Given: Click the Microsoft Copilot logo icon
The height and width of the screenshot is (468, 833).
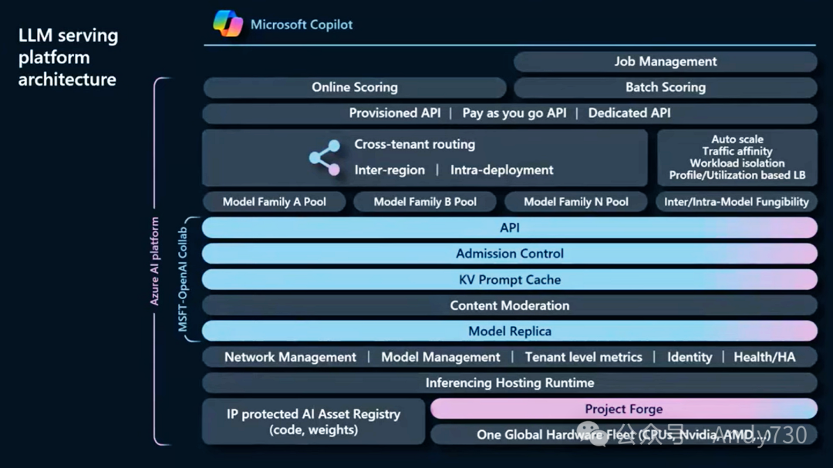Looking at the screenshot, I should [x=228, y=24].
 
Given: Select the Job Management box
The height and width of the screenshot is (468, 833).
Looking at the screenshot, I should [x=665, y=62].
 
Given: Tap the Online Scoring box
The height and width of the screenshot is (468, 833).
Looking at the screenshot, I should [x=354, y=87].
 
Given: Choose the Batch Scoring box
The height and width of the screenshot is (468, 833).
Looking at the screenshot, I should [x=665, y=87].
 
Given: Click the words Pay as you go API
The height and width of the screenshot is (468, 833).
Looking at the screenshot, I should [x=514, y=113].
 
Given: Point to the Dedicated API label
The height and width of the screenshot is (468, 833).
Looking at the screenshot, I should [x=629, y=113].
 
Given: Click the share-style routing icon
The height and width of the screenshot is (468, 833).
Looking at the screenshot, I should [x=325, y=157].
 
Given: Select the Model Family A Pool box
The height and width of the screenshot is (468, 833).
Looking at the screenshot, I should [x=274, y=202].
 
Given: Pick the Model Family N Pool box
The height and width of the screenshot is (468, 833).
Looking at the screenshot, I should [x=575, y=202].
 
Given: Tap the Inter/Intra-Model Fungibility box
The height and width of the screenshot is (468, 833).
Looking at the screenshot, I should [x=737, y=202].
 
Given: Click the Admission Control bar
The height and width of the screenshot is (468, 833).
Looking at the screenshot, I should [x=509, y=254].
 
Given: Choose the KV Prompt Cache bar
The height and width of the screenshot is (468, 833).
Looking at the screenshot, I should [x=509, y=280].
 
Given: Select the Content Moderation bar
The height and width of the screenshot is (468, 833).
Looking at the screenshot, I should [x=509, y=305].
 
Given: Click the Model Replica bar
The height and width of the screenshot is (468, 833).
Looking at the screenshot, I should [x=509, y=332].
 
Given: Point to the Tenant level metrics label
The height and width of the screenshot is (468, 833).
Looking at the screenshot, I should [x=583, y=357].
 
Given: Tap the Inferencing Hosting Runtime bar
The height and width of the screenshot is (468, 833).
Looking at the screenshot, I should [x=509, y=382].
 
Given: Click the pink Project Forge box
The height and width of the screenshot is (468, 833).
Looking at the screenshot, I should [x=623, y=409].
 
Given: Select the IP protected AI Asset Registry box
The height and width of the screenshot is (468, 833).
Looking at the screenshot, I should [x=313, y=422].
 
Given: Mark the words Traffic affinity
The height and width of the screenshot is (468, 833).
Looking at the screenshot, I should [x=737, y=151].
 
